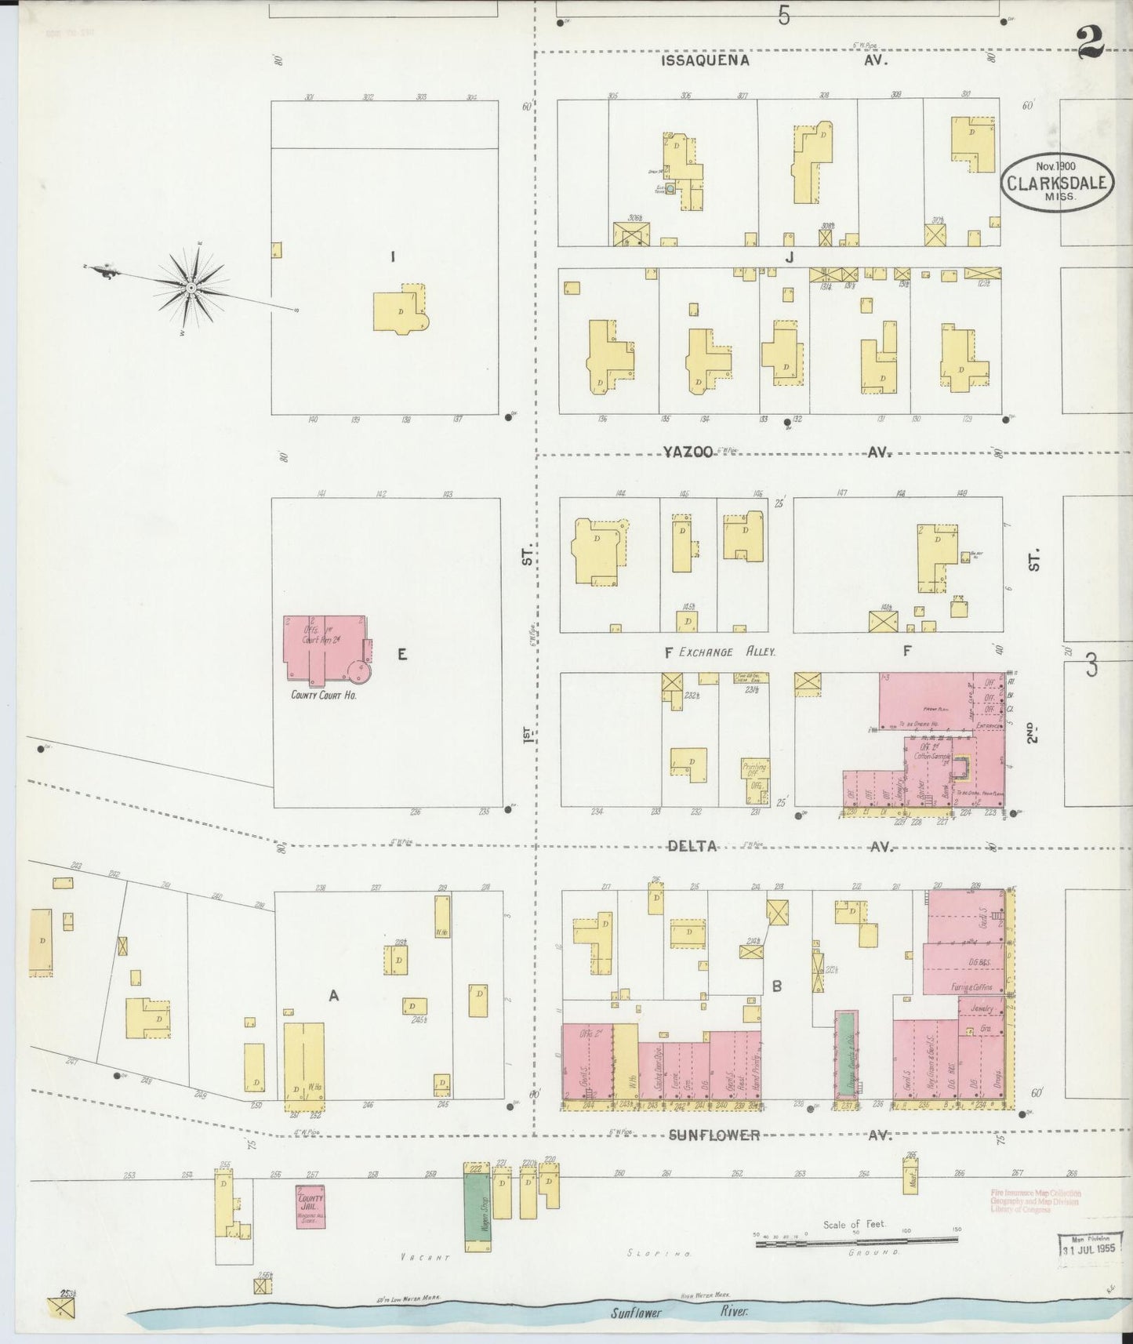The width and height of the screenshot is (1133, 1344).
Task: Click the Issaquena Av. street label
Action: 705,60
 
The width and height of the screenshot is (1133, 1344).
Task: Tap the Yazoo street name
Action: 687,452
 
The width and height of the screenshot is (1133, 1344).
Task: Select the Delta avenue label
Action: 692,846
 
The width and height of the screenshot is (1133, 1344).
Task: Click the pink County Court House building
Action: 324,649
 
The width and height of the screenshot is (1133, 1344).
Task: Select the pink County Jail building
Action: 311,1205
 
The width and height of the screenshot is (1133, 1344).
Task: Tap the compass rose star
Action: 191,288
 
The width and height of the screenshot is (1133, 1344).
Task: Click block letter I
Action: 392,256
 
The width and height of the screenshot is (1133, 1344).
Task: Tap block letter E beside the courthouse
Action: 401,655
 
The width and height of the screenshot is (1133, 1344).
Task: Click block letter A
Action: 333,996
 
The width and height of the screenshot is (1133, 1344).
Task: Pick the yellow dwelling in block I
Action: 400,311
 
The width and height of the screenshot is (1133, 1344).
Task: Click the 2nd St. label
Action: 1033,732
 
